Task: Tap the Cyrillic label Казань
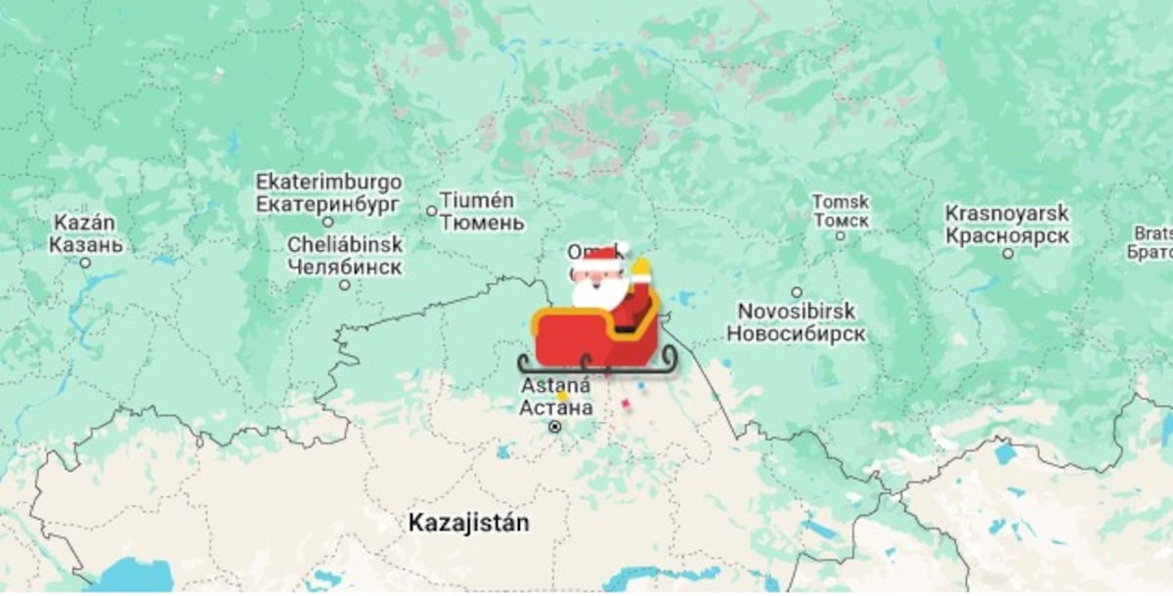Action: tap(86, 244)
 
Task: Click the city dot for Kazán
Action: tap(85, 263)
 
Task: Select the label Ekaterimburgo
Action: tap(328, 183)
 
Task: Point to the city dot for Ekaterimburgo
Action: tap(328, 223)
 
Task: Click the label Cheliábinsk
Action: tap(344, 244)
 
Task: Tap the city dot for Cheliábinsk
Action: tap(344, 284)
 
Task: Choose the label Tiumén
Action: tap(476, 200)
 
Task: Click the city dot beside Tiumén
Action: tap(431, 211)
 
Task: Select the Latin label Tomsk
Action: tap(840, 201)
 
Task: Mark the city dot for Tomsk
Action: tap(840, 235)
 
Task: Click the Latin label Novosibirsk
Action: tap(797, 312)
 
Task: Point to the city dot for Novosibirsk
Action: tap(797, 291)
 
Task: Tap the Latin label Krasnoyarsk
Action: tap(1007, 214)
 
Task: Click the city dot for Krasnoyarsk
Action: tap(1008, 253)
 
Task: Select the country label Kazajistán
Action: tap(469, 523)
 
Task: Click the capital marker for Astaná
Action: tap(555, 427)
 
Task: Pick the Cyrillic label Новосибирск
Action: tap(796, 334)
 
